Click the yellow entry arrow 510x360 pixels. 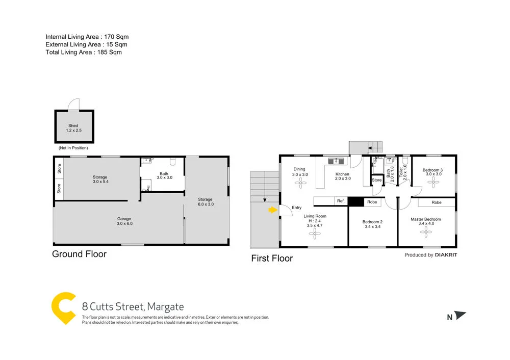[273, 209]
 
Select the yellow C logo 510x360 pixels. [64, 308]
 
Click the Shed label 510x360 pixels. [74, 127]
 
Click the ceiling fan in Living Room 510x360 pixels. [314, 233]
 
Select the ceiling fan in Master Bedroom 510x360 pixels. [426, 233]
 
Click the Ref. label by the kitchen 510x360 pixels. [341, 202]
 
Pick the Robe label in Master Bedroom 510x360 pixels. [436, 202]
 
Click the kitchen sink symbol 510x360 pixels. [336, 162]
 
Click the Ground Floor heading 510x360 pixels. [79, 254]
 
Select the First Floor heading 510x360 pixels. [272, 259]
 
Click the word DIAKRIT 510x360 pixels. [446, 255]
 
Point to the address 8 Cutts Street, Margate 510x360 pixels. [133, 307]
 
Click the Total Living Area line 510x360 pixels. [84, 52]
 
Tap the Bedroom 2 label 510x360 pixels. [372, 224]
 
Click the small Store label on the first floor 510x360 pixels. [376, 180]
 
